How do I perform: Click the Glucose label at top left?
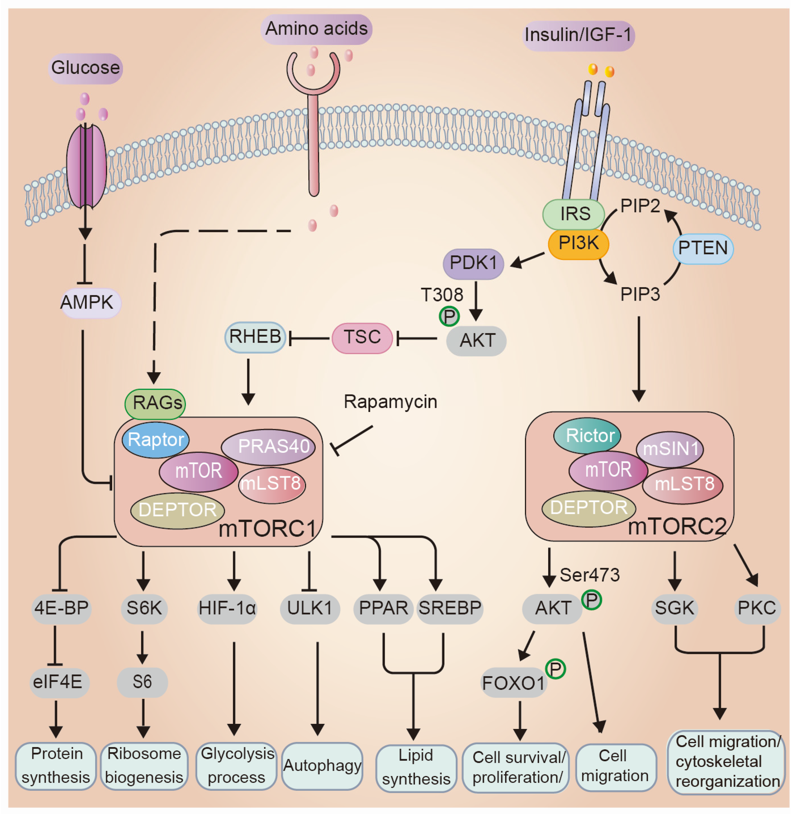click(x=85, y=68)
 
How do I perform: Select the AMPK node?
click(x=88, y=302)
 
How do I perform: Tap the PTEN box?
click(x=703, y=248)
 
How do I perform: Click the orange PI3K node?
click(x=578, y=244)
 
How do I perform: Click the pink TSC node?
click(x=362, y=337)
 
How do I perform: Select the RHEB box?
click(x=255, y=337)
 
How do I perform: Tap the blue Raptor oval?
click(x=156, y=439)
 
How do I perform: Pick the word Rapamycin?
click(x=390, y=402)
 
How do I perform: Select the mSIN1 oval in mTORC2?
click(x=670, y=449)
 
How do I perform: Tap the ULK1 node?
click(x=310, y=608)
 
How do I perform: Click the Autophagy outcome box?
click(x=322, y=765)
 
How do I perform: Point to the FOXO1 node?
click(x=513, y=683)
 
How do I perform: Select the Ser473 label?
click(x=589, y=575)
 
